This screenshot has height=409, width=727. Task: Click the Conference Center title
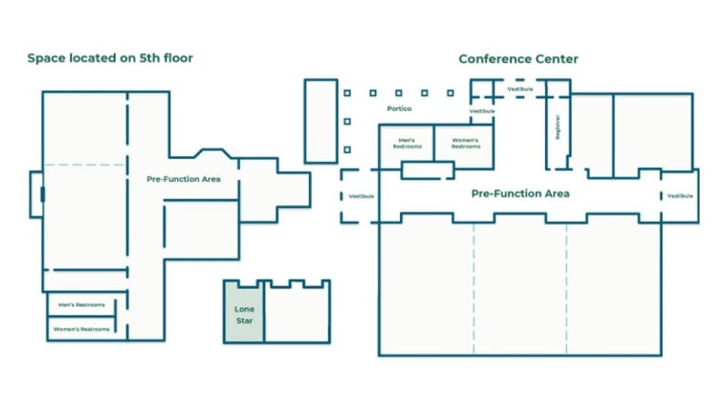(x=518, y=59)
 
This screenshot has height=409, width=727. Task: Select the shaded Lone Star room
(x=244, y=314)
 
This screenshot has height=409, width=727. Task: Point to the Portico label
(x=399, y=109)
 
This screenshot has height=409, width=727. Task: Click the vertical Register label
(x=558, y=126)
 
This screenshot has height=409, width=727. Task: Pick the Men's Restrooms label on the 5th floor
(x=80, y=305)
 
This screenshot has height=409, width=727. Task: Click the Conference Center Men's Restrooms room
(x=406, y=143)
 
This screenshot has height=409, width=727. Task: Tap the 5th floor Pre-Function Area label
(x=183, y=180)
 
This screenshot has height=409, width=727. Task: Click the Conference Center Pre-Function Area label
(x=520, y=194)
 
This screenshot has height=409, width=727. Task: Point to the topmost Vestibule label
(x=520, y=89)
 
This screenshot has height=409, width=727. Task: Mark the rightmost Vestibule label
(x=680, y=195)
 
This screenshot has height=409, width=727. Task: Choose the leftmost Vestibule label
(x=361, y=196)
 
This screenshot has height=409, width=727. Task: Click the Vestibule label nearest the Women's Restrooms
(x=482, y=111)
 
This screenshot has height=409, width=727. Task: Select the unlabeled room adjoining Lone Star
(x=297, y=314)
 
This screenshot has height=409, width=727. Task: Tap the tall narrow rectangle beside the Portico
(x=320, y=120)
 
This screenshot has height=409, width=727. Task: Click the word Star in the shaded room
(x=244, y=321)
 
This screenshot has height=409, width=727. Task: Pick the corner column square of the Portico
(x=347, y=93)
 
